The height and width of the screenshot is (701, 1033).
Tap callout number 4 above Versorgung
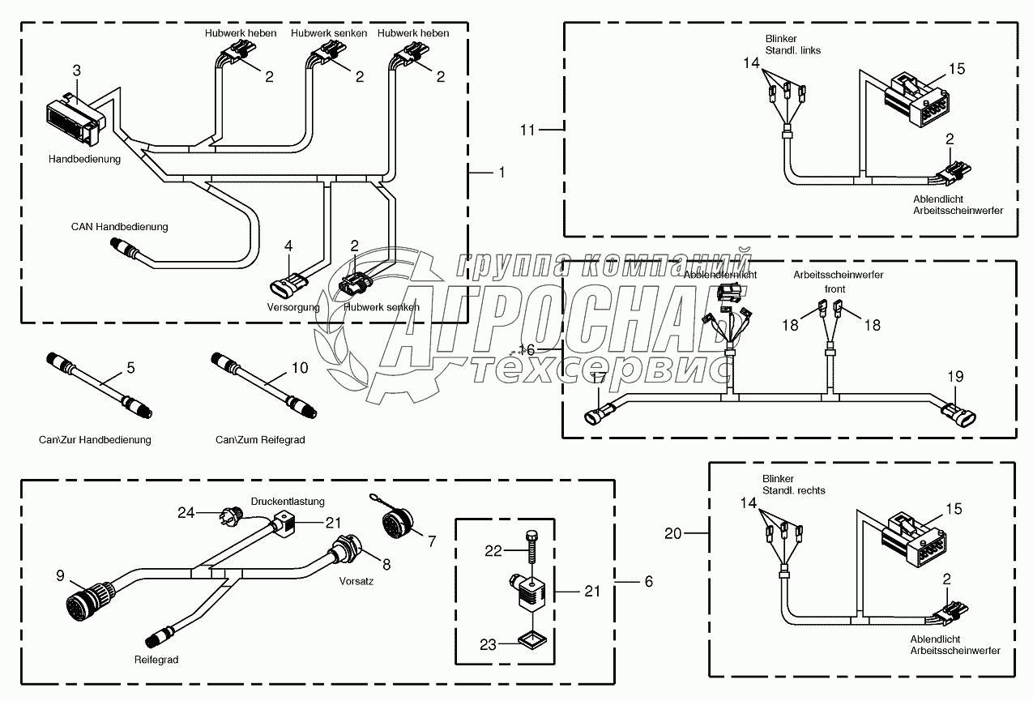pos(288,246)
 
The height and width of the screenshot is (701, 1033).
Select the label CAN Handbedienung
pos(119,227)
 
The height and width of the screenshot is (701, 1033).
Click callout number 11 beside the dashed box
pos(527,129)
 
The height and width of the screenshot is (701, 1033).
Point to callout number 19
pos(955,376)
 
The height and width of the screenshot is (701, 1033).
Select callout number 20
pos(674,532)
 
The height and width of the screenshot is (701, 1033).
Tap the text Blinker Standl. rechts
pos(793,485)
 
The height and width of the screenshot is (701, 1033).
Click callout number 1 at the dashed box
pos(502,172)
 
